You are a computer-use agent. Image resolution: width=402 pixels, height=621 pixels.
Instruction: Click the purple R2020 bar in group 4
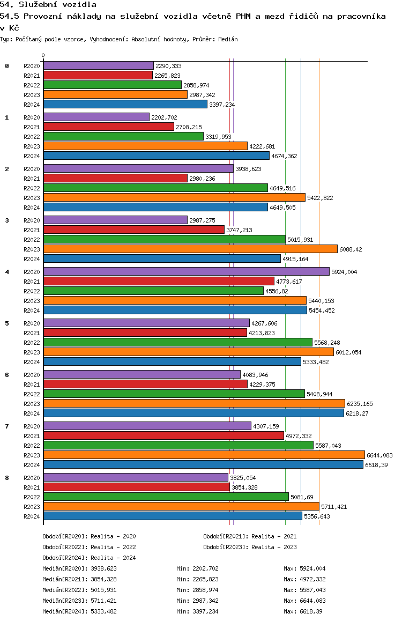point(186,272)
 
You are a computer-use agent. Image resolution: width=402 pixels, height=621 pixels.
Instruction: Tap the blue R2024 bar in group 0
point(125,105)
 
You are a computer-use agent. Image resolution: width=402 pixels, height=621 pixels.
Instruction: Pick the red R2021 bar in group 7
point(163,436)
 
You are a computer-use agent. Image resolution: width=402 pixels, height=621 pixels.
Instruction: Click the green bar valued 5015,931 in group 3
point(164,240)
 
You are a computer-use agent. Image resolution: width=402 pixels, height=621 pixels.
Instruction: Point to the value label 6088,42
point(352,249)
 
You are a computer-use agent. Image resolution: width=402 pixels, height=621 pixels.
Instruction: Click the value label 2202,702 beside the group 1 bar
point(164,117)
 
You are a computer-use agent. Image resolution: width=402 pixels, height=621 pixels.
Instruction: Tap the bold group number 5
point(7,323)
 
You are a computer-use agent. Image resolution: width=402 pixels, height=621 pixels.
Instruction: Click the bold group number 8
point(7,478)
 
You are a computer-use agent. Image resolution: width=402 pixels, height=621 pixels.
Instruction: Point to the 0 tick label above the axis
point(43,55)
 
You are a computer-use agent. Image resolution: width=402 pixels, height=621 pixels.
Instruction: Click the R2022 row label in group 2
point(32,188)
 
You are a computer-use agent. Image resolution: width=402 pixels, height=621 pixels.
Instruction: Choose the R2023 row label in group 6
point(32,404)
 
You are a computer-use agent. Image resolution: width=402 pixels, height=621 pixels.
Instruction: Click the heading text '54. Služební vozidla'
point(48,5)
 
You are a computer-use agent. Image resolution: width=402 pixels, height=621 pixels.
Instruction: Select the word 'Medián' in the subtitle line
point(228,40)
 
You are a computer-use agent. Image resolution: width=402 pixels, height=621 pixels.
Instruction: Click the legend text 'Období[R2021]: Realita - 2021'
point(250,536)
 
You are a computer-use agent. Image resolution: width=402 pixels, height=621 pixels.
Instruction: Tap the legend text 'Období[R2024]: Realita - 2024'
point(89,558)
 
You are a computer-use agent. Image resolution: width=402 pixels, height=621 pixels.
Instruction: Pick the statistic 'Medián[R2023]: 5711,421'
point(79,601)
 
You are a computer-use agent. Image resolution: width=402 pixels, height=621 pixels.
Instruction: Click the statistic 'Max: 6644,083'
point(304,601)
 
